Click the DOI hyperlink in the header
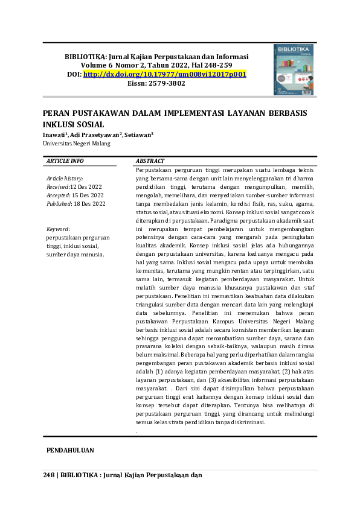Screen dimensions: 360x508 tap(165, 74)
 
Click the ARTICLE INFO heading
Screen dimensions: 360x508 tap(65, 161)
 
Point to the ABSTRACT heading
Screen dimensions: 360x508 tap(150, 161)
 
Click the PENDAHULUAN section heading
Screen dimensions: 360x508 tap(70, 451)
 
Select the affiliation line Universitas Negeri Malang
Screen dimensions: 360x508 tap(76, 144)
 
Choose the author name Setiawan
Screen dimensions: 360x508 tap(138, 135)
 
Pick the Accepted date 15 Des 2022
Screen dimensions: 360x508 tap(88, 195)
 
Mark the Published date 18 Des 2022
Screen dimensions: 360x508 tap(89, 204)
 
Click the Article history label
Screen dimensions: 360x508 tap(65, 179)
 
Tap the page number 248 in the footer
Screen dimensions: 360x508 tap(50, 475)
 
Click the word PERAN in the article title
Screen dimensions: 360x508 tap(56, 113)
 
